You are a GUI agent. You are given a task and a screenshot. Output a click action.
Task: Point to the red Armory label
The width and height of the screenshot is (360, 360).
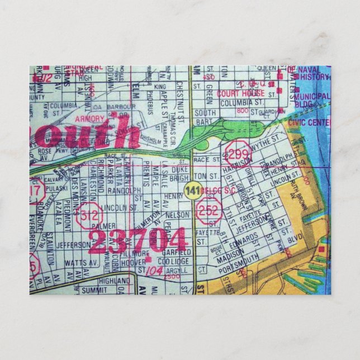tap(91, 119)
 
